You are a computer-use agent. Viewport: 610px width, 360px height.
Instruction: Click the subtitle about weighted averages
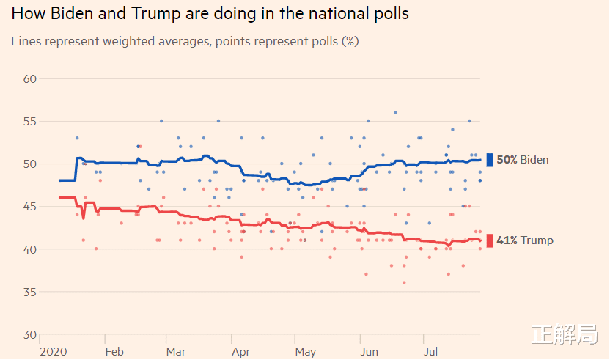pos(185,41)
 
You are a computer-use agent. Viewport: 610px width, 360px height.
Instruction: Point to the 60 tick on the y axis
pos(30,78)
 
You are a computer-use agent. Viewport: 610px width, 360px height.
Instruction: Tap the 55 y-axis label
pos(30,121)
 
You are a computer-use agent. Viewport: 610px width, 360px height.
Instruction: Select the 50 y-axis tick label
pos(30,164)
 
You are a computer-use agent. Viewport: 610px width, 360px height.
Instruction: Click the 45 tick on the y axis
pos(30,207)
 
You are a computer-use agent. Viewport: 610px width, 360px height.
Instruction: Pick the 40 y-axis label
pos(30,249)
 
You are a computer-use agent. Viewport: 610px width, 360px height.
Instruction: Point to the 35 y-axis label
pos(30,292)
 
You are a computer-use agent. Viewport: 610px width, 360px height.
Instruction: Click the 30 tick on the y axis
pos(30,335)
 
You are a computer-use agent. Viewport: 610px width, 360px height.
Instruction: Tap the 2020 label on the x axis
pos(54,352)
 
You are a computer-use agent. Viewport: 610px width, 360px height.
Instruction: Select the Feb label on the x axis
pos(114,352)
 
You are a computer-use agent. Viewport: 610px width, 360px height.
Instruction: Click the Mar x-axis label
pos(176,352)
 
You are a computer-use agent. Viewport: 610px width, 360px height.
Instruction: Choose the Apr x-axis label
pos(240,352)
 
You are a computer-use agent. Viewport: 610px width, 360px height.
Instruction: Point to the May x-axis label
pos(306,352)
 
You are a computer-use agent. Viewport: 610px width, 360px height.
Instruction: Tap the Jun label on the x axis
pos(370,352)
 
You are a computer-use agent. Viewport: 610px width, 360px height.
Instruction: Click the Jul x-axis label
pos(432,352)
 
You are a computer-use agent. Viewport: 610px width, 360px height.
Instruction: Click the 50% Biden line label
pos(523,160)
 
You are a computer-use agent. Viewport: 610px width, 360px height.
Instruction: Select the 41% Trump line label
pos(525,240)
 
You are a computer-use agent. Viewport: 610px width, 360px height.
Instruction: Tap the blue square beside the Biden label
pos(490,160)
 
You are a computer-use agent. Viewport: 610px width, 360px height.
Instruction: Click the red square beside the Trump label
pos(490,240)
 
